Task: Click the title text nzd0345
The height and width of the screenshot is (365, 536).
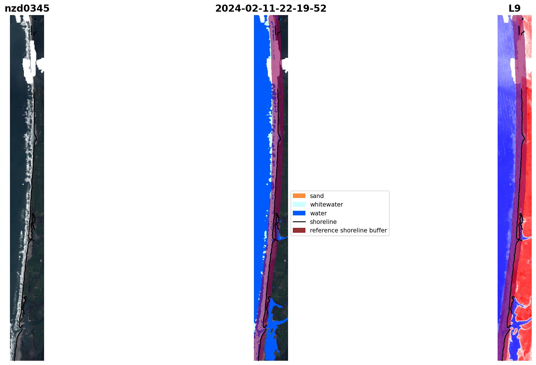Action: (27, 9)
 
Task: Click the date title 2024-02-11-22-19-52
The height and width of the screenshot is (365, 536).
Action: (271, 9)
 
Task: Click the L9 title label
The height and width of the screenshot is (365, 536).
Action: (514, 9)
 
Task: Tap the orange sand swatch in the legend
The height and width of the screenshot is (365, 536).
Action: (299, 196)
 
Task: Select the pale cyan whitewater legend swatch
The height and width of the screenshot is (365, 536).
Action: (299, 204)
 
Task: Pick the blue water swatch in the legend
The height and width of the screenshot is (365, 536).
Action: (299, 213)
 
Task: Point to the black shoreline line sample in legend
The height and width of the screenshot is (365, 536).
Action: (299, 222)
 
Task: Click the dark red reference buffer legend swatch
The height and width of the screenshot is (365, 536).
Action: (299, 230)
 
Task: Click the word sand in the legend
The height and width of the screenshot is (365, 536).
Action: (317, 196)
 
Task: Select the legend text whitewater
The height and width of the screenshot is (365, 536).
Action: (326, 205)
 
